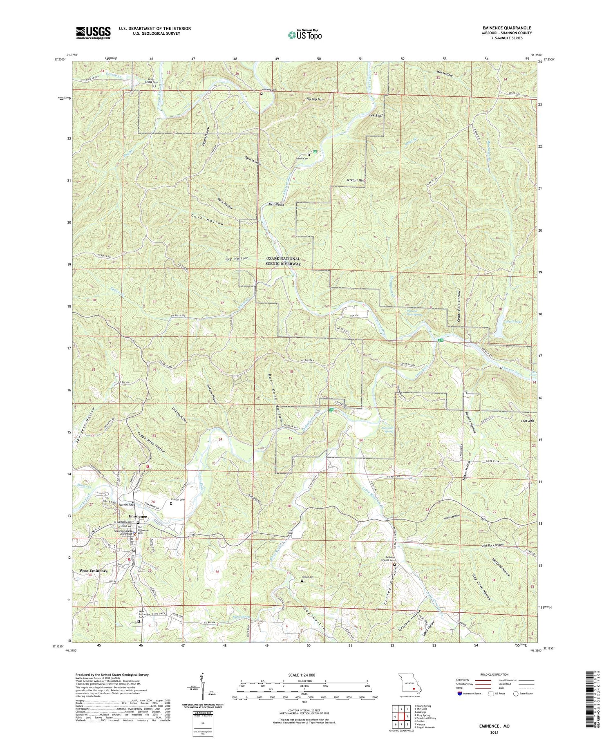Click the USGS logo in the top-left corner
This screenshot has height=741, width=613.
(x=93, y=32)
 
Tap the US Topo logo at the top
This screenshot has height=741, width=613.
(x=304, y=35)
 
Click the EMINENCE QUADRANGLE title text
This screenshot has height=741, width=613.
(x=507, y=28)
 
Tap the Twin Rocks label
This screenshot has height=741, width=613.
(x=276, y=204)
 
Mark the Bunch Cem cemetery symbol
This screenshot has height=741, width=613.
(x=309, y=154)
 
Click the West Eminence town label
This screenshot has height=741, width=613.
(x=94, y=571)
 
